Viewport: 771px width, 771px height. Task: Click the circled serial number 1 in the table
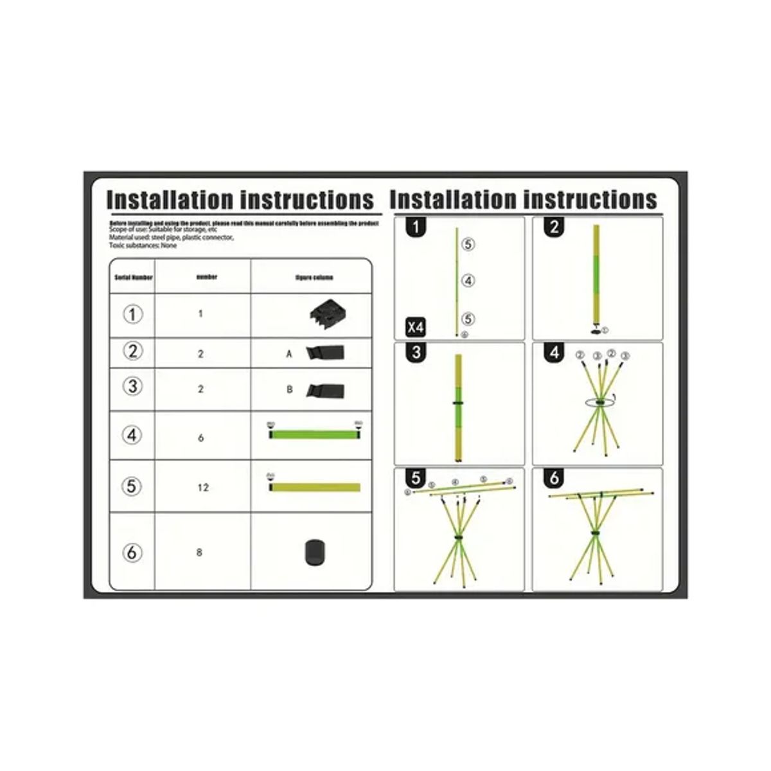[132, 315]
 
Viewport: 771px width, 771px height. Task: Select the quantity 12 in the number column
[203, 488]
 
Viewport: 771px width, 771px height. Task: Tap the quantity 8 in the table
[199, 553]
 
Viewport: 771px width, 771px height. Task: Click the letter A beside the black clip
[289, 353]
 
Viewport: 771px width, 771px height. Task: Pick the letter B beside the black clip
[289, 389]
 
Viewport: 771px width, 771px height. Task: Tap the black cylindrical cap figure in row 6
[315, 553]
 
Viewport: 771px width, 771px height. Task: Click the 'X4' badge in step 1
[416, 326]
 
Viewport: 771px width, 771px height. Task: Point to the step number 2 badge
[554, 227]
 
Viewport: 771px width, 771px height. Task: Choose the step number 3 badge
[418, 353]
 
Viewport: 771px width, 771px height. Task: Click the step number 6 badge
[554, 479]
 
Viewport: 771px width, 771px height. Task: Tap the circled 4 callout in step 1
[468, 281]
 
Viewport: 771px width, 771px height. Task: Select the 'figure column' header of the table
[314, 278]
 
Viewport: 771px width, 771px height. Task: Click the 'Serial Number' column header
[133, 278]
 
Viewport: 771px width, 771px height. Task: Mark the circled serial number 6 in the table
[132, 553]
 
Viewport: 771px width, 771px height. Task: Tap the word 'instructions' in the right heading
[590, 199]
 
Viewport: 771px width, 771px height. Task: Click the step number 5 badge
[417, 479]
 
